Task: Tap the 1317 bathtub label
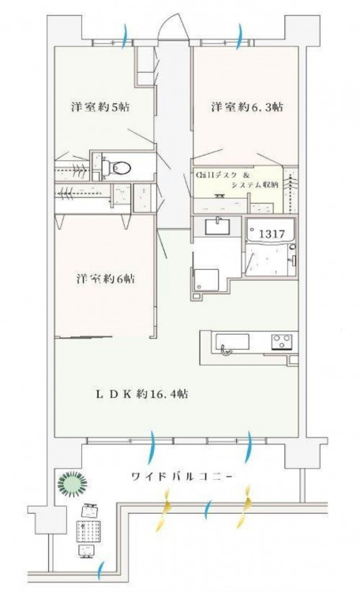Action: pos(272,234)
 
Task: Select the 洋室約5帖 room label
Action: pos(100,107)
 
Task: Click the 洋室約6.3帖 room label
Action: pos(246,107)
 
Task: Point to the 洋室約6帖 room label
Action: pos(105,279)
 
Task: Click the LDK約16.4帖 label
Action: pos(141,394)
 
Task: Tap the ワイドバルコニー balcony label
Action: pos(182,477)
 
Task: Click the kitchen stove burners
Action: pos(281,342)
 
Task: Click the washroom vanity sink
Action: pos(217,227)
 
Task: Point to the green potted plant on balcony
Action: pos(72,483)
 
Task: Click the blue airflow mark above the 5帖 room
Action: pos(126,36)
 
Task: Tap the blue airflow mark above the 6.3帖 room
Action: pos(239,36)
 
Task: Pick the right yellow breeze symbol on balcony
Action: pos(245,506)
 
